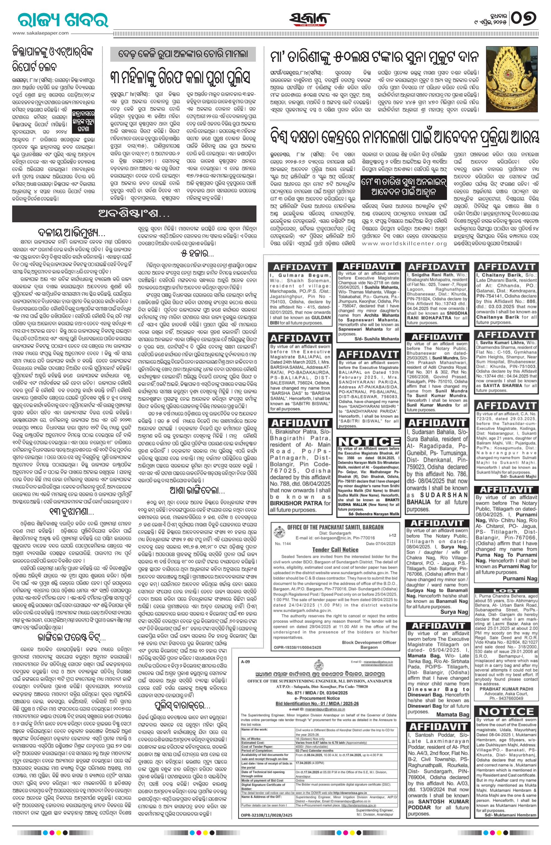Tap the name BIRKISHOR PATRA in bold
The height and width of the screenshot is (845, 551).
click(x=300, y=503)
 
